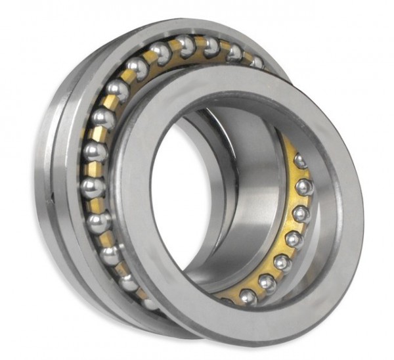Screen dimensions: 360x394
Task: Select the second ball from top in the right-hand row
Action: [x=305, y=187]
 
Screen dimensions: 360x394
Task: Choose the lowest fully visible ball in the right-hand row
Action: [x=248, y=297]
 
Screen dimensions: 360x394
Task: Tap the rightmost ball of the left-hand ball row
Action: [x=259, y=62]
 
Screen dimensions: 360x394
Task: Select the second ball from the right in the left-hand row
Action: [x=234, y=53]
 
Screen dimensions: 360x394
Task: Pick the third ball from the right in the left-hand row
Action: [x=211, y=47]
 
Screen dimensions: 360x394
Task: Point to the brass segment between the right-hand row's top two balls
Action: [x=303, y=173]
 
